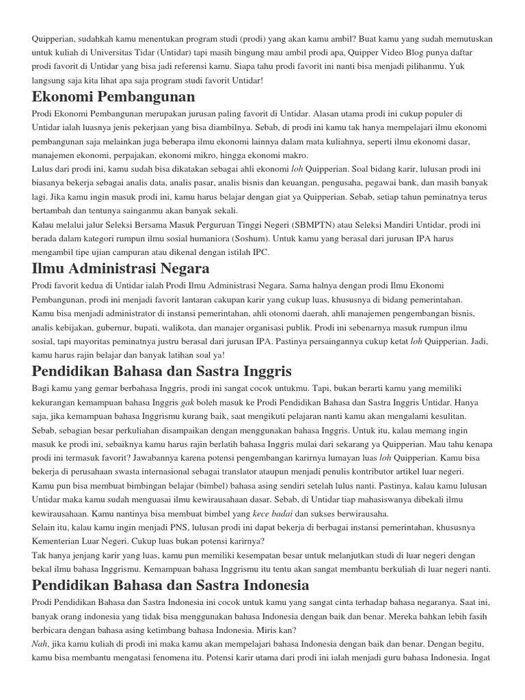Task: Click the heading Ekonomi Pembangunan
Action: point(113,96)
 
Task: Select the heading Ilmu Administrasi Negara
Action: point(120,267)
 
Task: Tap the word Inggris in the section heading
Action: point(261,371)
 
